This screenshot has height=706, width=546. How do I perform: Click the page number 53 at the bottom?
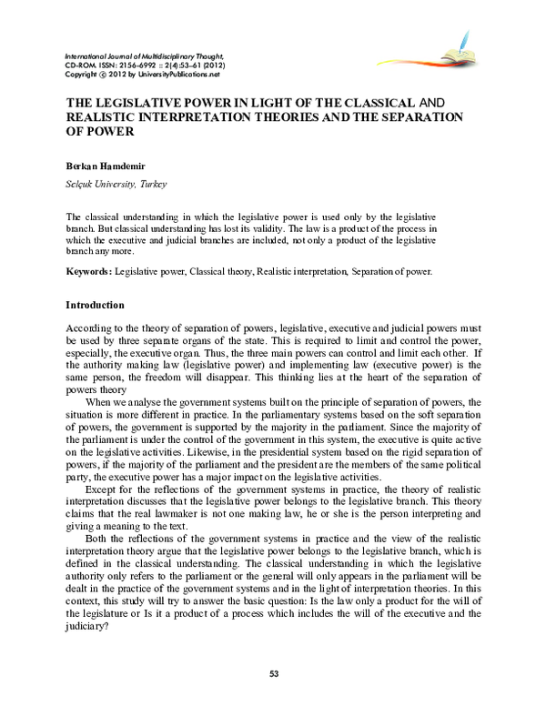coord(273,672)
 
